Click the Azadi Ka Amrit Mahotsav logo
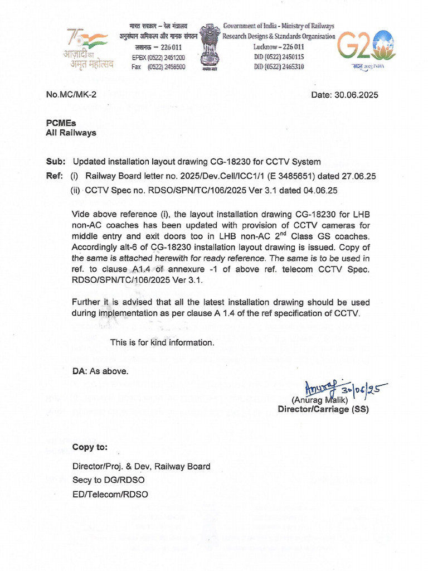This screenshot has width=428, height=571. tap(90, 47)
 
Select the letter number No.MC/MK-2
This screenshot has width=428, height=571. tap(71, 95)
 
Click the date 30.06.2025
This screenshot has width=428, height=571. tap(344, 95)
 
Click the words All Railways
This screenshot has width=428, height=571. tap(70, 133)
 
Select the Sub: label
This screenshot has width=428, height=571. tap(55, 162)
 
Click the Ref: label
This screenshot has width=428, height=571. tap(55, 176)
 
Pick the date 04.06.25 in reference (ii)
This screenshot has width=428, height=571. tap(320, 190)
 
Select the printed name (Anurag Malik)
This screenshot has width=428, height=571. tap(319, 400)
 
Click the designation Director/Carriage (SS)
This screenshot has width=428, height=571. tap(323, 409)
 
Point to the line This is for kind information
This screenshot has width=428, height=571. tap(162, 342)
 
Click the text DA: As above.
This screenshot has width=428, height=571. tap(100, 371)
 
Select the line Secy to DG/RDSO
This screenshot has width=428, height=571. tap(108, 480)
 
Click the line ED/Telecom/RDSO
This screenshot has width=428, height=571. tap(110, 493)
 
